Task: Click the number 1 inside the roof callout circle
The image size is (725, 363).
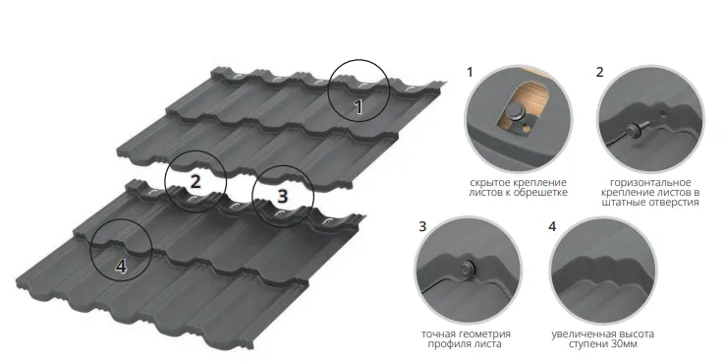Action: point(359,106)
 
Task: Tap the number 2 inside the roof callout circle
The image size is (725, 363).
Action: point(195,181)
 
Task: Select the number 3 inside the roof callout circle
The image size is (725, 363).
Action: point(283,197)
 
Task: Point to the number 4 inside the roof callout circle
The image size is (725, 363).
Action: point(121,267)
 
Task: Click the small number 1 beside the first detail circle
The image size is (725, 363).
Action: point(471,72)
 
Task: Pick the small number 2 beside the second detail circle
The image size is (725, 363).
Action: point(599,72)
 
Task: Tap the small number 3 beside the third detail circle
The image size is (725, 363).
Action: point(422,226)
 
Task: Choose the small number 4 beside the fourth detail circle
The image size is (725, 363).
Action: point(552,226)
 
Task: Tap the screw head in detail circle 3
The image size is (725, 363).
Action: point(467,268)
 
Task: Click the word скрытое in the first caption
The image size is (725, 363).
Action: point(487,183)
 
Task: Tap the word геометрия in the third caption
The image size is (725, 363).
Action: point(487,334)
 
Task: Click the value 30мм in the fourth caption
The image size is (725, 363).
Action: point(623,344)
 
